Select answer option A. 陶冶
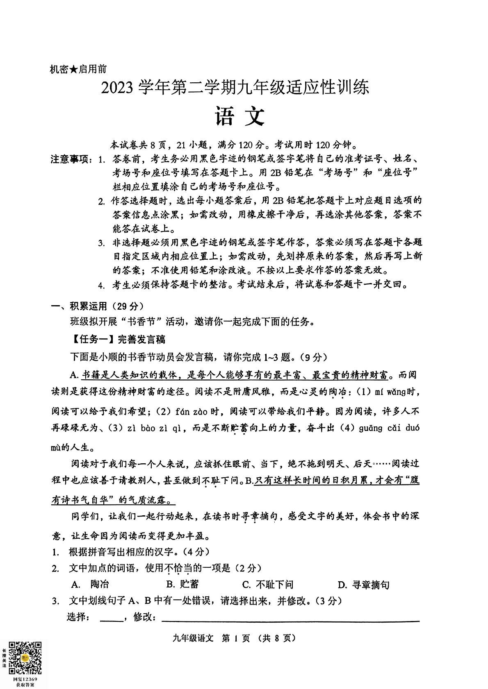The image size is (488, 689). click(90, 585)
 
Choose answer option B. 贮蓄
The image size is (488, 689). click(182, 585)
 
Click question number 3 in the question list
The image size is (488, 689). click(55, 601)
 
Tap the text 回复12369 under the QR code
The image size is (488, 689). click(25, 679)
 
